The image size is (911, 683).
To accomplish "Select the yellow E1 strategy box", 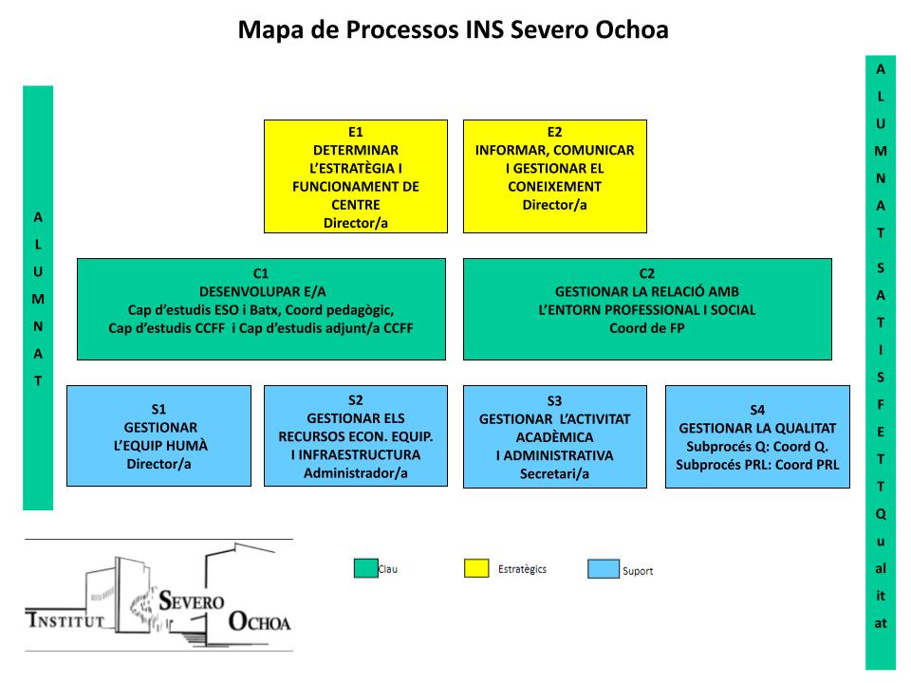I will (x=355, y=176).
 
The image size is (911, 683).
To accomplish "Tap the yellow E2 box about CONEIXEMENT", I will (x=554, y=176).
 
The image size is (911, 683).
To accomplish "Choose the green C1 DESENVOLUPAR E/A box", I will (x=261, y=309).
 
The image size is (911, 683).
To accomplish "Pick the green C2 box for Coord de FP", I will (x=647, y=309).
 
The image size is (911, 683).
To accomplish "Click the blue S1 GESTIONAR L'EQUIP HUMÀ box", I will (x=158, y=435).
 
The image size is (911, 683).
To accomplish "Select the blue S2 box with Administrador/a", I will (x=355, y=435).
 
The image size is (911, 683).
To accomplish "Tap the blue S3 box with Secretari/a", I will (x=554, y=436).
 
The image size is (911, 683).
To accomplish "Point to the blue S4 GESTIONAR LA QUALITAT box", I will (x=757, y=436).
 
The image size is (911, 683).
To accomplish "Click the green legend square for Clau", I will (x=365, y=568).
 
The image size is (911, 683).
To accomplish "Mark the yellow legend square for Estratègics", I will (x=475, y=568).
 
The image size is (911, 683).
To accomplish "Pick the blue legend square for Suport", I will (x=601, y=569).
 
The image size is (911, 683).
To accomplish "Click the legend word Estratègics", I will (x=522, y=569).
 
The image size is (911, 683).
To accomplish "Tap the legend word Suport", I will (x=638, y=571).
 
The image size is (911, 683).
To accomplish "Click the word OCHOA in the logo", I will (x=260, y=622).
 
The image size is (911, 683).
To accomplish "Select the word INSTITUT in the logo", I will (x=64, y=622).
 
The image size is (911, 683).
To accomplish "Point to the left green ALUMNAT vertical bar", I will (x=38, y=298).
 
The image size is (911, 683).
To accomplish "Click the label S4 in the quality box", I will (x=757, y=410).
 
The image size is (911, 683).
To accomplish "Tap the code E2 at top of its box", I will (x=554, y=132).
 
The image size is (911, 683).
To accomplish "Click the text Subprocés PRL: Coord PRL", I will (x=757, y=464).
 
